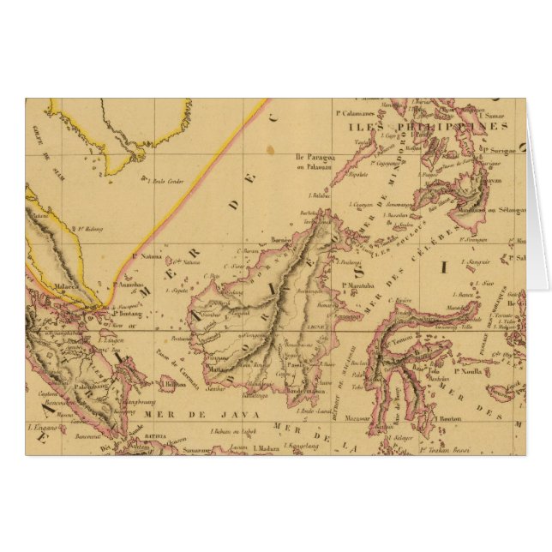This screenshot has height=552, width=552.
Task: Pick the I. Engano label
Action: pos(41,425)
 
